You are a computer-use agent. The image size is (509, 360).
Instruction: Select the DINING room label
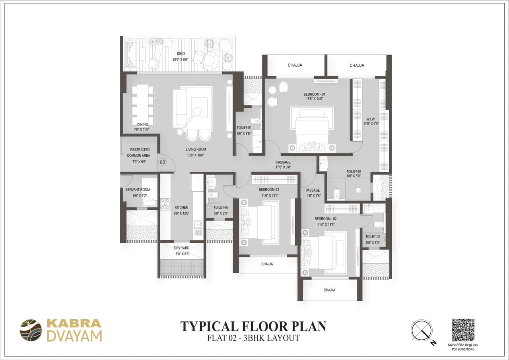[142, 125]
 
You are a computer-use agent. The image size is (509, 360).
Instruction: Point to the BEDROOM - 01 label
[314, 94]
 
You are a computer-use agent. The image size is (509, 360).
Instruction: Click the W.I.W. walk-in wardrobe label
[371, 119]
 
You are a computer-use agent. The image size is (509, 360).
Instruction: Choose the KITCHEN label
[181, 208]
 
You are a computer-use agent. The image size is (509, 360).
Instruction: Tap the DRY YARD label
[182, 248]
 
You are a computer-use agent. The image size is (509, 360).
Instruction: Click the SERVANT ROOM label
[138, 190]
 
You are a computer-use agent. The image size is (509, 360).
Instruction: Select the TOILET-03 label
[221, 208]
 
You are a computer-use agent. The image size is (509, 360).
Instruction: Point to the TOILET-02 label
[373, 237]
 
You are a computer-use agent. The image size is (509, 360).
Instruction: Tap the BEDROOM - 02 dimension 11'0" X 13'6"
[326, 225]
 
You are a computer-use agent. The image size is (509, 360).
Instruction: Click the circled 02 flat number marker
[163, 162]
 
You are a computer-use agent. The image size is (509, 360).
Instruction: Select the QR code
[463, 330]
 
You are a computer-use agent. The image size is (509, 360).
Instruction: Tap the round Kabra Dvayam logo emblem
[31, 330]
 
